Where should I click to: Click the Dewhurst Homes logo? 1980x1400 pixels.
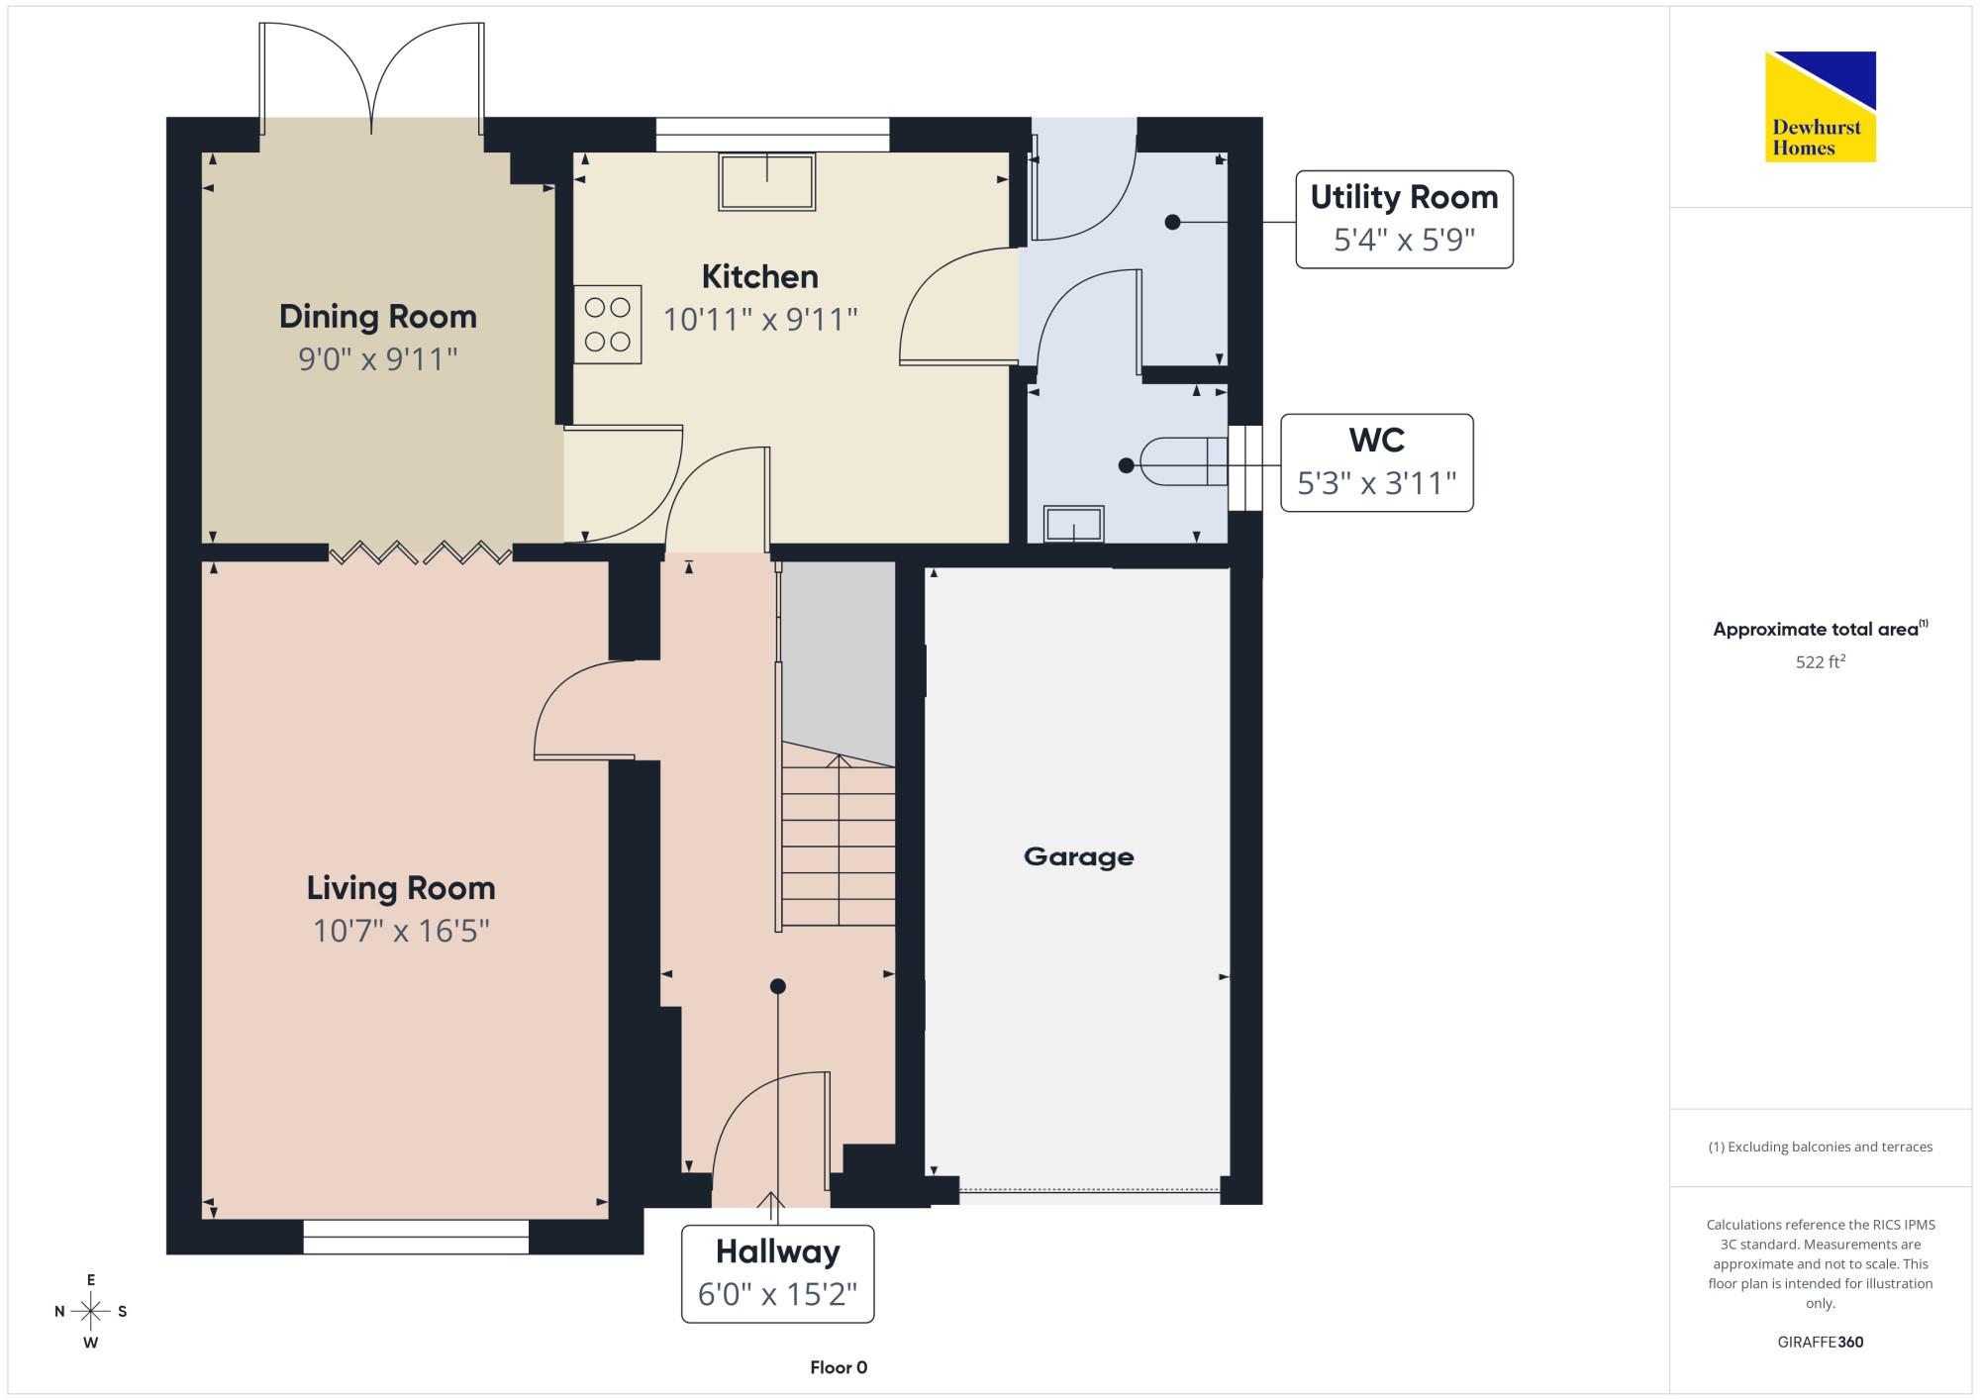(1820, 107)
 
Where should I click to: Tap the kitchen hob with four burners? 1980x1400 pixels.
(608, 325)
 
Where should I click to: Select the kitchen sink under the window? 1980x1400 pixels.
(767, 182)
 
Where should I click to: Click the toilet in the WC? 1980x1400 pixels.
(1184, 461)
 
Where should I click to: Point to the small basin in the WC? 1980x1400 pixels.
(1074, 524)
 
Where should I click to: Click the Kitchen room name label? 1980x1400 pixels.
(760, 276)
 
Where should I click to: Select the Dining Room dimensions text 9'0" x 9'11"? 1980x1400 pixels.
(378, 358)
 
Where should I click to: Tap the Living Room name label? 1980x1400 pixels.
(401, 888)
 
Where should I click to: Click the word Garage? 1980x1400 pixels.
(1079, 856)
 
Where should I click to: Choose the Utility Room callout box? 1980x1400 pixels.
(1405, 219)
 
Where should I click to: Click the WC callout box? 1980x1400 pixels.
(1377, 462)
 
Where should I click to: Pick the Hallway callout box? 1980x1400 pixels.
(778, 1274)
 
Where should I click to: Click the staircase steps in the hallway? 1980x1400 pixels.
(839, 842)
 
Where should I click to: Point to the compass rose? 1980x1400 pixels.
(91, 1312)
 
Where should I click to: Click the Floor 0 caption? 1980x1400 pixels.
(839, 1367)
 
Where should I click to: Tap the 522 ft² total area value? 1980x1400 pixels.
(1821, 661)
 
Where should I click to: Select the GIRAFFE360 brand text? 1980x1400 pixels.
(1821, 1343)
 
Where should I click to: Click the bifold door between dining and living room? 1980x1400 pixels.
(421, 552)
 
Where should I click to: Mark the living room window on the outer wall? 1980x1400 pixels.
(416, 1237)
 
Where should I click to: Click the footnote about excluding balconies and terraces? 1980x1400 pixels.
(1821, 1147)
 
